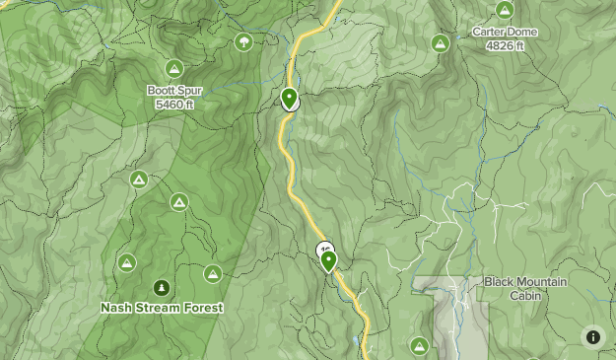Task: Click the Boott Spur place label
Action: click(175, 91)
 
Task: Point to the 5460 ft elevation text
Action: click(175, 104)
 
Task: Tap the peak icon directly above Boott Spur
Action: click(174, 68)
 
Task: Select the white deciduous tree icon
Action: click(243, 41)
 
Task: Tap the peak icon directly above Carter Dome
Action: click(505, 10)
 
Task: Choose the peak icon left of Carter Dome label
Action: click(441, 43)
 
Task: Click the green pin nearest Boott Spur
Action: click(289, 98)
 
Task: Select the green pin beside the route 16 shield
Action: click(328, 260)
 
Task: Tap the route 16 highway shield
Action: click(324, 250)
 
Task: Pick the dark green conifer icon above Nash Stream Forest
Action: click(161, 288)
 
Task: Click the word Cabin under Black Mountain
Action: click(525, 295)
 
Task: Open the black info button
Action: click(593, 336)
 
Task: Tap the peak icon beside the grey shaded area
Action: click(419, 345)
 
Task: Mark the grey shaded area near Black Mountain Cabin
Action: click(463, 321)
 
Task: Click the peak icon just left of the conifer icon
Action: click(126, 262)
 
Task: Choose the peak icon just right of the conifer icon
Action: click(212, 273)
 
